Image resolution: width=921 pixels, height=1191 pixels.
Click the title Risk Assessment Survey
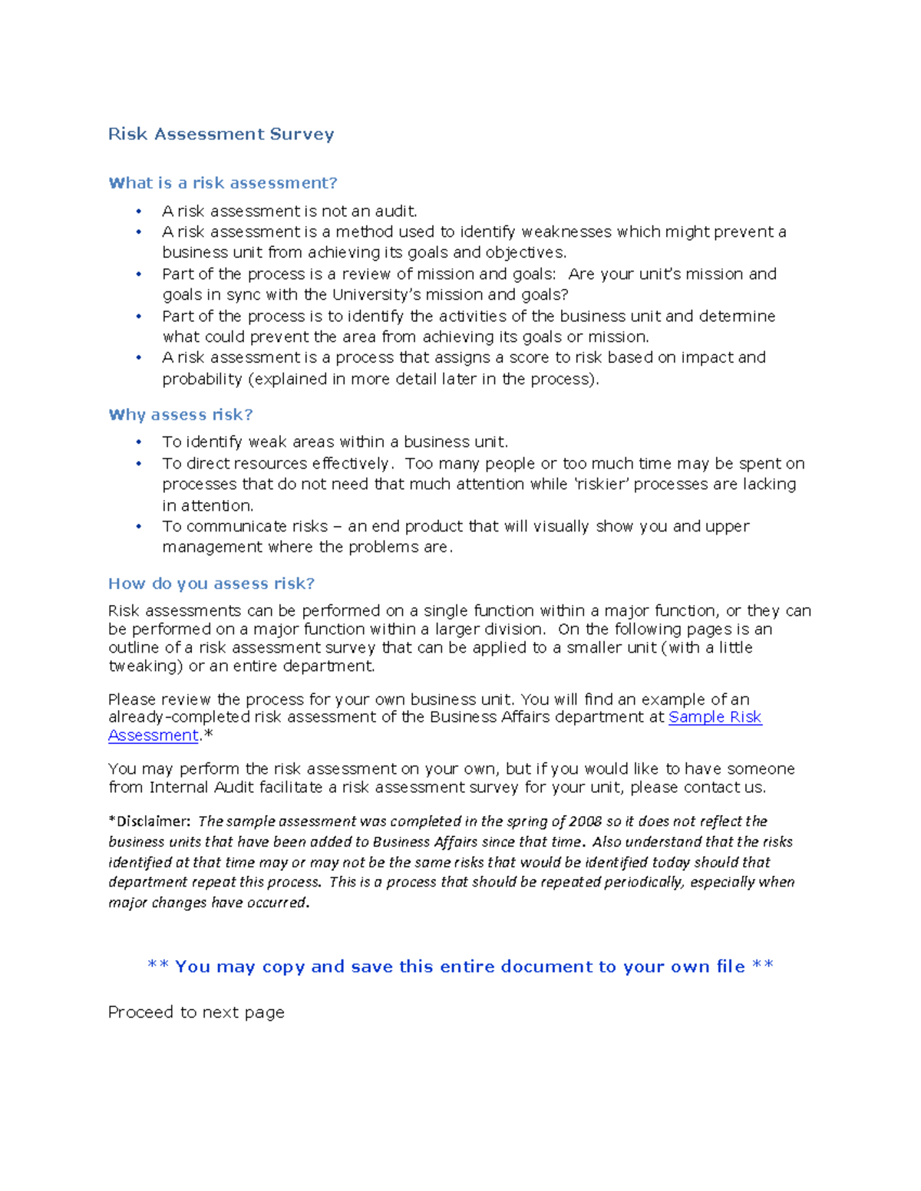click(221, 134)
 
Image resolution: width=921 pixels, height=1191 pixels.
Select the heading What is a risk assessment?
click(223, 183)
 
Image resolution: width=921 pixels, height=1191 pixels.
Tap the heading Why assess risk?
click(180, 415)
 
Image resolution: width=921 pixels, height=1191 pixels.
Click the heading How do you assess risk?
click(211, 584)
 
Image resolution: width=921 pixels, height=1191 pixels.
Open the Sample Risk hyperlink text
click(715, 717)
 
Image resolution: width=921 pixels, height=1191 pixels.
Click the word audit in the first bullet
click(394, 211)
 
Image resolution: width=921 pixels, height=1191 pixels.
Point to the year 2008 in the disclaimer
click(585, 821)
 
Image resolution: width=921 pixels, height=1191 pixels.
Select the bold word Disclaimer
click(152, 821)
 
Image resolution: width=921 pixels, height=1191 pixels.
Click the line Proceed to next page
click(196, 1012)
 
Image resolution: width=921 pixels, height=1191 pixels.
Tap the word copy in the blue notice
click(283, 966)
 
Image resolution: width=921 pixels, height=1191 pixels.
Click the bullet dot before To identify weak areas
click(139, 442)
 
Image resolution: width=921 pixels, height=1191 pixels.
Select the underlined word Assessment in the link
click(153, 735)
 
